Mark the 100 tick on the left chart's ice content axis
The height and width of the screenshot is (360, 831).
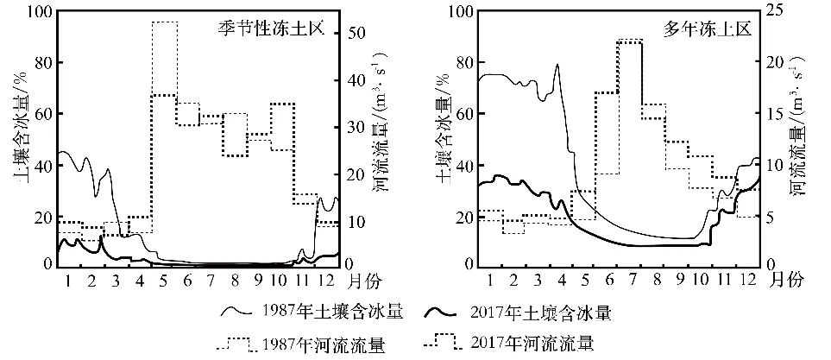[38, 11]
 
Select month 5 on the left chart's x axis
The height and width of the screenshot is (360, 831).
[164, 280]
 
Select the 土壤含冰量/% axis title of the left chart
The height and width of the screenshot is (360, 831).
[16, 138]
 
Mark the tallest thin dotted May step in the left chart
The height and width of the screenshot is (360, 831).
[164, 22]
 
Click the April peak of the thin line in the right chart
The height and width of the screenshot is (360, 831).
[557, 65]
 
